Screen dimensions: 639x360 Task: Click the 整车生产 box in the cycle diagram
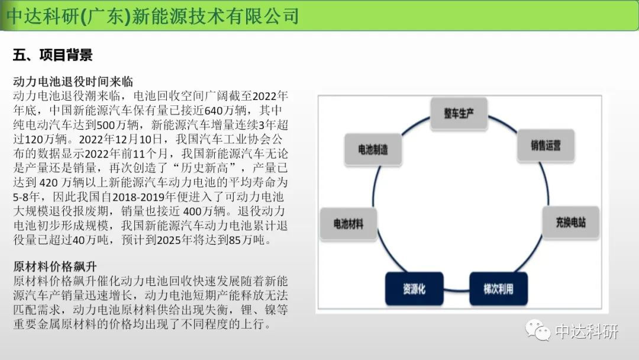459,113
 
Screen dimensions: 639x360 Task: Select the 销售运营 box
546,146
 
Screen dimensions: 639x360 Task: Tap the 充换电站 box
570,222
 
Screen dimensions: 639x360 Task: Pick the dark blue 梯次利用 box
498,289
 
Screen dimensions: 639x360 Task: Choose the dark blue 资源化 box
414,289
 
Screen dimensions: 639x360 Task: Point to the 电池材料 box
348,223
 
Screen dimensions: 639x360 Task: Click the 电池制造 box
373,149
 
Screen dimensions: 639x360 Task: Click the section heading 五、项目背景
53,54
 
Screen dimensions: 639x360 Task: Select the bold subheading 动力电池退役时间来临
73,82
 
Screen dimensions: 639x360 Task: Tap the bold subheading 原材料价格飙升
55,266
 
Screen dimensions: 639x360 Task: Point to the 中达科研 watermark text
586,331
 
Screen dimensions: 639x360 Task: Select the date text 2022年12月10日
121,139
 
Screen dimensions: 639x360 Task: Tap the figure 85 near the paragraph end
235,240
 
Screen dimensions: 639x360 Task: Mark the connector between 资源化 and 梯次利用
456,290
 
